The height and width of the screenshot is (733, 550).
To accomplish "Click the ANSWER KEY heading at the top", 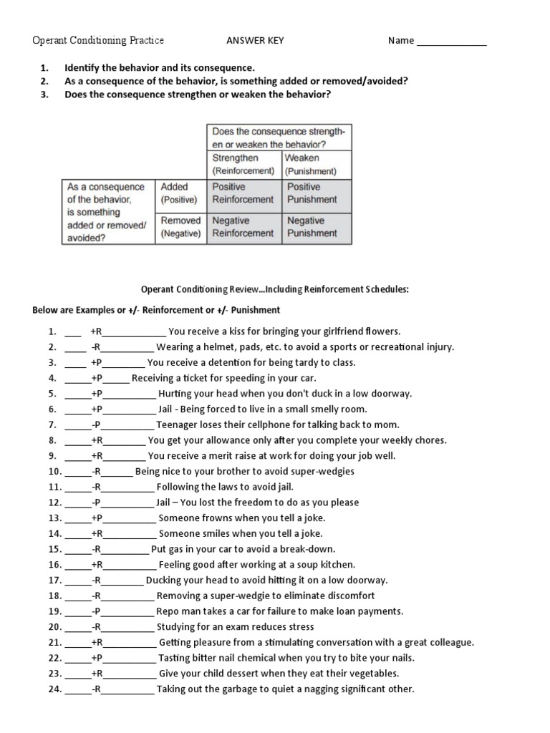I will point(255,41).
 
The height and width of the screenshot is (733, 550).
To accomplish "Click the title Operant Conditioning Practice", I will point(98,41).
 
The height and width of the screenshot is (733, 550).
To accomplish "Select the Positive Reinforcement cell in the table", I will point(243,193).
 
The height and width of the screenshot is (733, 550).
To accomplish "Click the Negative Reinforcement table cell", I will point(243,227).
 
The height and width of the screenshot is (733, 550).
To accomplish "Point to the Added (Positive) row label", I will point(180,193).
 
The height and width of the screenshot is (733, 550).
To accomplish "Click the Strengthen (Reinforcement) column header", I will point(243,165).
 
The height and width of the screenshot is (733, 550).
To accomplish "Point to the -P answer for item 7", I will point(97,424).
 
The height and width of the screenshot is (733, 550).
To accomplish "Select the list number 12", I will point(54,503).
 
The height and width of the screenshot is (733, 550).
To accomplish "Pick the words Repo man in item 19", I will point(176,611).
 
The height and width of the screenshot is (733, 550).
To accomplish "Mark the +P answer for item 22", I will point(97,658).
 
